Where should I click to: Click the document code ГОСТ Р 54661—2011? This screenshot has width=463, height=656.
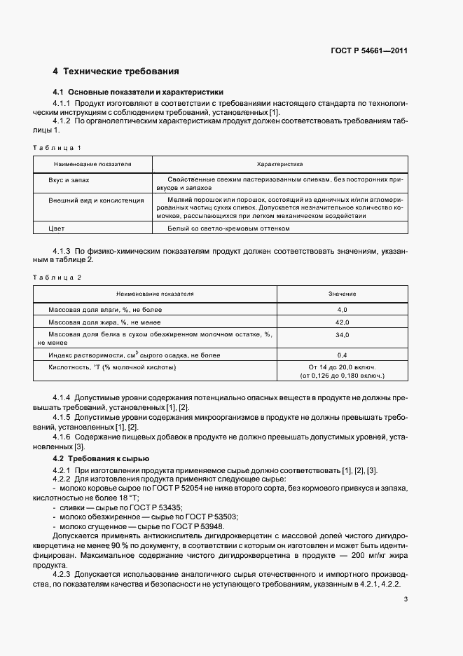tap(370, 51)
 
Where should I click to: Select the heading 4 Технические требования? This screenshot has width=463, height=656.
tap(116, 71)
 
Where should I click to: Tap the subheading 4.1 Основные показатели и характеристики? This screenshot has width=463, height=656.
tap(138, 92)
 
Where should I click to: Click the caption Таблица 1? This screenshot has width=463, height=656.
tap(57, 148)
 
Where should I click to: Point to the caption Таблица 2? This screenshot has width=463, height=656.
tap(57, 278)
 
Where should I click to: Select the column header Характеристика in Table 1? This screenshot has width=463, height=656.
tap(279, 165)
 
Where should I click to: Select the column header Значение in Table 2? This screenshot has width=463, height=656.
tap(342, 294)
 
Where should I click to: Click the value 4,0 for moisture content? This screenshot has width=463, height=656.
tap(343, 309)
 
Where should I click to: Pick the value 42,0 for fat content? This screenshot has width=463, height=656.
tap(343, 322)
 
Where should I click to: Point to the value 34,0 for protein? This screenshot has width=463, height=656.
tap(343, 335)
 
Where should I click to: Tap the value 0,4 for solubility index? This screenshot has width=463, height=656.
tap(343, 355)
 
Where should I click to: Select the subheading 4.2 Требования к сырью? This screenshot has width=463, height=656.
tap(101, 458)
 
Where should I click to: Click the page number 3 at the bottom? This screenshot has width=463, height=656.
tap(406, 599)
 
